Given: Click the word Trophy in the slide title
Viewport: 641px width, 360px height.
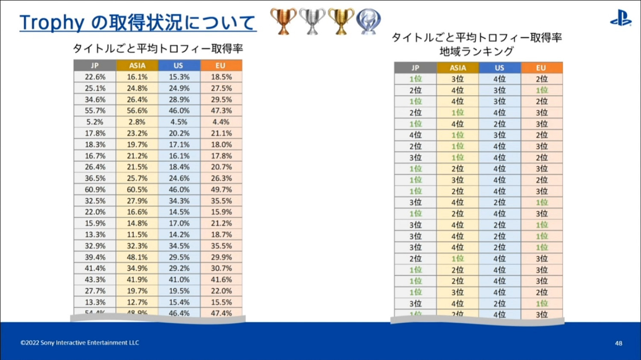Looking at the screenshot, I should coord(51,23).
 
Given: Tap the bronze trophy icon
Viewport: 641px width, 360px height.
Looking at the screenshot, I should coord(283,21).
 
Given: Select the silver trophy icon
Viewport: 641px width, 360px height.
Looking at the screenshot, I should coord(312,21).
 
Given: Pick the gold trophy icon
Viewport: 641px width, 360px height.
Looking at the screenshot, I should coord(341,21).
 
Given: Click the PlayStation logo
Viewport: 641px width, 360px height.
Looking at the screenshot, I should coord(620,19).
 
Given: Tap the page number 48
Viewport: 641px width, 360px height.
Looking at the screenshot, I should coord(618,343).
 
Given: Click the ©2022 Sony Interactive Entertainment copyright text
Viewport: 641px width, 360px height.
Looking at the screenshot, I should coord(80,342).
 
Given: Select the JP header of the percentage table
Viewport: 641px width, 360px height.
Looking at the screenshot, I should coord(95,65).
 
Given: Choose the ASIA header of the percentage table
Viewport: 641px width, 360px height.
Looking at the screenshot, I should coord(137,65).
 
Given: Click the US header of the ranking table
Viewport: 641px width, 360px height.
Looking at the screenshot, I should coord(499,67).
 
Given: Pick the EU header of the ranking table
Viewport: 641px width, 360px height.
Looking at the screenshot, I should coord(541,67).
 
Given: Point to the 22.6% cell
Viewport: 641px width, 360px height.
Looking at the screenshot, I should coord(95,77).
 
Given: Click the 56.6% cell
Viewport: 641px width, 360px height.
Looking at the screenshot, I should coord(137,111).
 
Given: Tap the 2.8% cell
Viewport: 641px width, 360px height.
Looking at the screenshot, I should coord(137,122).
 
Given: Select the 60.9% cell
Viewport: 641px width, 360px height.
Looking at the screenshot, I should coord(95,190).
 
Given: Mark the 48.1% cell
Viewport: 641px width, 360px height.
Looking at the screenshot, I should coord(137,257).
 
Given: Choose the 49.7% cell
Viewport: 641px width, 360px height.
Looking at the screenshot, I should coord(221,190).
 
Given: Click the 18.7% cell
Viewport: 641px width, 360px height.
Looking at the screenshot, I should coord(221,234).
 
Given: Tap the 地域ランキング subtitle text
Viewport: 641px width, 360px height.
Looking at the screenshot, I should coord(476,52).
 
